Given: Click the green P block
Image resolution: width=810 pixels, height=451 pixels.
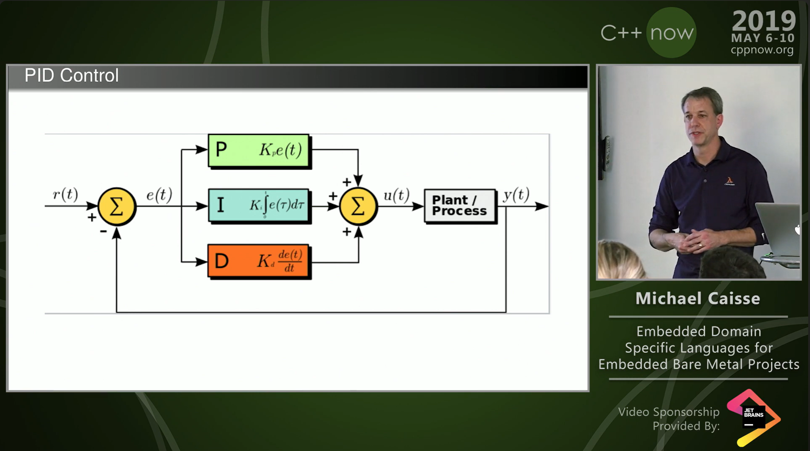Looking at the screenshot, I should click(x=259, y=150).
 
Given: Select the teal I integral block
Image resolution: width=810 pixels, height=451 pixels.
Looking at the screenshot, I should click(x=259, y=205).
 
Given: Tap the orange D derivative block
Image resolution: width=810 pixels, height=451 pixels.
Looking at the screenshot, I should click(x=259, y=261).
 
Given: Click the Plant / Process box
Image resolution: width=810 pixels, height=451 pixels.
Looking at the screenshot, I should click(x=460, y=205).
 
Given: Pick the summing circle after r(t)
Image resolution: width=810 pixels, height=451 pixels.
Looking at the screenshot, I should click(x=117, y=206).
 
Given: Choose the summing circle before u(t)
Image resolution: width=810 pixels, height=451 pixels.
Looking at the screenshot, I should click(x=358, y=206).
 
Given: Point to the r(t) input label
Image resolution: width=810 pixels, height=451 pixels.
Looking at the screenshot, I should click(x=65, y=194).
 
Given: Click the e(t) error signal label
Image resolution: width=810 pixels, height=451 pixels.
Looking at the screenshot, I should click(x=159, y=195).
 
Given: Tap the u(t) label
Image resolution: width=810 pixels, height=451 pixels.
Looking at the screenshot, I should click(x=396, y=195).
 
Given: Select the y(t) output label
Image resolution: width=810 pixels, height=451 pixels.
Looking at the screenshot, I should click(x=516, y=195).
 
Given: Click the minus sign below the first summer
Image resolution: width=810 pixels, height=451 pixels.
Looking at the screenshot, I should click(x=103, y=231).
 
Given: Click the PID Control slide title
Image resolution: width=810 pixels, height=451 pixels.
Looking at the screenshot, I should click(x=72, y=76).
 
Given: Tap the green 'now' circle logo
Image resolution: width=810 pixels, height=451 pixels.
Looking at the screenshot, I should click(x=671, y=33).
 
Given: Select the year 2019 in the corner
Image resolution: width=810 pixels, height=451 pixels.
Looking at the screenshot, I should click(x=764, y=21).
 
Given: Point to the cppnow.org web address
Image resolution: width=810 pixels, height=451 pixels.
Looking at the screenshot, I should click(x=762, y=50).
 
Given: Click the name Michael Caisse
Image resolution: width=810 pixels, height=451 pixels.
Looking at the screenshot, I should click(x=698, y=299).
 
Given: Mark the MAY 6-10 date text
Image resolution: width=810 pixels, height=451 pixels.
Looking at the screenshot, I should click(x=763, y=38).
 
